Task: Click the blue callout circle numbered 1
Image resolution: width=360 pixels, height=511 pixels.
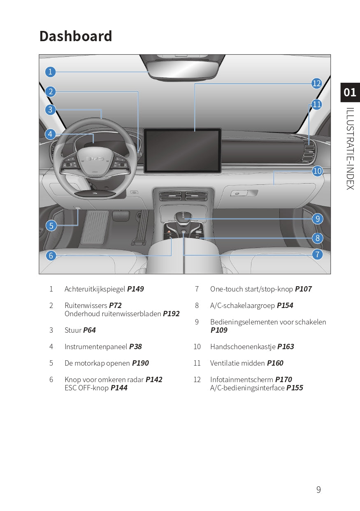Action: tap(50, 72)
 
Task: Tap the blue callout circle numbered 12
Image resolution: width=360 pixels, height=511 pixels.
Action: tap(316, 84)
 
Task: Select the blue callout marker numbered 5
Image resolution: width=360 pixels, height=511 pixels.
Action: tap(51, 225)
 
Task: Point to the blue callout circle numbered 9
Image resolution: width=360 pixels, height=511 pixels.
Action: tap(317, 219)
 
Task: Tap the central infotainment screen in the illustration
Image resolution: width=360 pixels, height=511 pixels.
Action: tap(182, 150)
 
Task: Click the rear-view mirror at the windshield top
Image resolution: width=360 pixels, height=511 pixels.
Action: tap(184, 67)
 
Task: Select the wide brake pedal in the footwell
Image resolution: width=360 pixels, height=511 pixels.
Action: tap(95, 227)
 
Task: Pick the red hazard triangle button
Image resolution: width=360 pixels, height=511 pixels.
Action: tap(170, 232)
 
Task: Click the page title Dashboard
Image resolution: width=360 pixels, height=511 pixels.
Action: tap(76, 36)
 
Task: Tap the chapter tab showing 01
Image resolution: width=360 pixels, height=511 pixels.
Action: tap(350, 92)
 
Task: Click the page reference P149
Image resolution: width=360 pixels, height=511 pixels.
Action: tap(135, 289)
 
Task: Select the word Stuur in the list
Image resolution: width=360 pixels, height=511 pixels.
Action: tap(73, 330)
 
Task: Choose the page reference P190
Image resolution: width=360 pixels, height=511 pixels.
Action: tap(140, 363)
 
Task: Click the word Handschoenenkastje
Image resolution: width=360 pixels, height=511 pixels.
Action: tap(243, 347)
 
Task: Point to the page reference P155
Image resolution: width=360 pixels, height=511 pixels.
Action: tap(295, 388)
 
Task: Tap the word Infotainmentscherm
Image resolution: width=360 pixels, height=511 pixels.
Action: tap(242, 380)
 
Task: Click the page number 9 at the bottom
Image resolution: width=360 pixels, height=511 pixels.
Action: tap(318, 490)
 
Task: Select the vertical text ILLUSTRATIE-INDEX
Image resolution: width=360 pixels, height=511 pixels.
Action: tap(350, 148)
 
